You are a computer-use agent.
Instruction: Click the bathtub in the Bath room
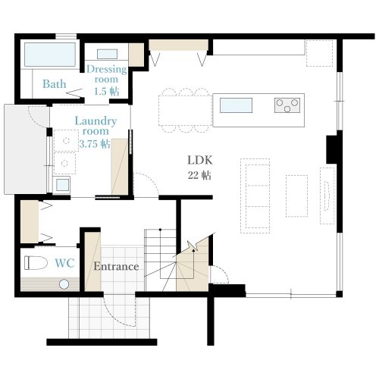tap(50, 55)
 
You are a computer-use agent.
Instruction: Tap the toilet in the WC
tap(36, 262)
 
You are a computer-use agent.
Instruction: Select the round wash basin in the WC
tap(64, 284)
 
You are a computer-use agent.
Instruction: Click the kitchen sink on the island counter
tap(236, 105)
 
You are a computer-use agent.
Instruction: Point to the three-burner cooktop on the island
tap(287, 105)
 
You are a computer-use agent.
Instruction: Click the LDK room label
tap(200, 160)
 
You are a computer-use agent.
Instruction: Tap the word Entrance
tap(116, 266)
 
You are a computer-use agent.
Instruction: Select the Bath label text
tap(55, 84)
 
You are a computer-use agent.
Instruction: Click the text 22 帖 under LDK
tap(199, 175)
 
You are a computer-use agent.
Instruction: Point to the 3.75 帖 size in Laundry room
tap(95, 144)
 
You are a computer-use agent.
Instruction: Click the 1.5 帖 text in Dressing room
tap(106, 91)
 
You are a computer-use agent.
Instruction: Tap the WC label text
tap(64, 263)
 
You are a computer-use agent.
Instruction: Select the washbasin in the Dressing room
tap(107, 54)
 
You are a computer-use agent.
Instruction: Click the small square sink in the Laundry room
tap(62, 185)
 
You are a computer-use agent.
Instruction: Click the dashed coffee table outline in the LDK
tap(297, 196)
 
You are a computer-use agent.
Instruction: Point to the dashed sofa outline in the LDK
tap(255, 196)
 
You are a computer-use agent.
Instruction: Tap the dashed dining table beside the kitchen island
tap(186, 111)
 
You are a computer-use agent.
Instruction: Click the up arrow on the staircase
tap(193, 263)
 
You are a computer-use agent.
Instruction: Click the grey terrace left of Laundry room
tap(26, 149)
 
